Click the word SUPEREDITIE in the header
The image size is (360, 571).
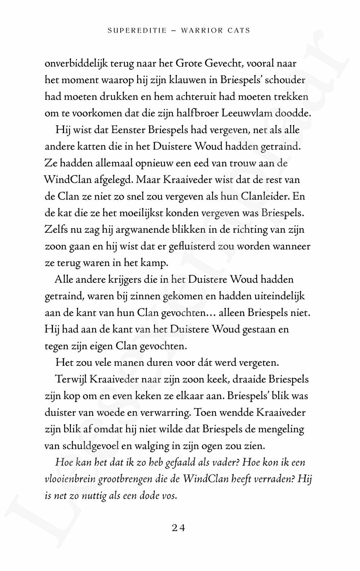pos(137,31)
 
